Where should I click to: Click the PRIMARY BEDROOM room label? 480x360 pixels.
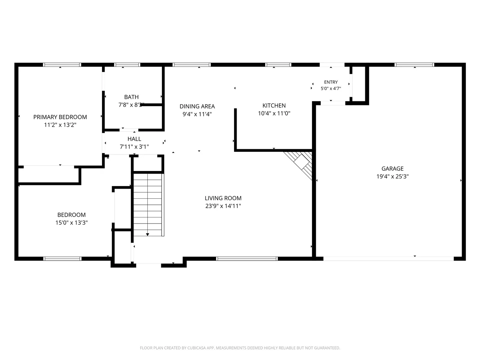pyautogui.click(x=60, y=117)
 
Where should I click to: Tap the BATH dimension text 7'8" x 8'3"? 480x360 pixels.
pyautogui.click(x=131, y=105)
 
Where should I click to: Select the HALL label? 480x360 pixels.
pyautogui.click(x=134, y=139)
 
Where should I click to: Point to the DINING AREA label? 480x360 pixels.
pyautogui.click(x=197, y=106)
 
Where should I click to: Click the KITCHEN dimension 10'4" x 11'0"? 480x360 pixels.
pyautogui.click(x=274, y=113)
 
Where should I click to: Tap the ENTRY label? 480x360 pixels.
pyautogui.click(x=331, y=82)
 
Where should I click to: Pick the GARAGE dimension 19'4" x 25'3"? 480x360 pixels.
pyautogui.click(x=393, y=176)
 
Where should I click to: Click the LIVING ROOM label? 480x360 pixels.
pyautogui.click(x=223, y=198)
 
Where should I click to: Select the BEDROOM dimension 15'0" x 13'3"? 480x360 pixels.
pyautogui.click(x=72, y=222)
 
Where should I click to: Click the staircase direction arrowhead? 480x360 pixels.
pyautogui.click(x=148, y=234)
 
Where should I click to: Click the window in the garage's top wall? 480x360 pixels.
pyautogui.click(x=414, y=65)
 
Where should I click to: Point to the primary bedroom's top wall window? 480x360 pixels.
pyautogui.click(x=62, y=65)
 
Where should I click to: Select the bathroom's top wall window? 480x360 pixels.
pyautogui.click(x=127, y=65)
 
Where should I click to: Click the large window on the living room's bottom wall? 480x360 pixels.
pyautogui.click(x=247, y=259)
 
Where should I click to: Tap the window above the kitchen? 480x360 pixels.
pyautogui.click(x=278, y=65)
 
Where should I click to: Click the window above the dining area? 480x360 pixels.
pyautogui.click(x=192, y=65)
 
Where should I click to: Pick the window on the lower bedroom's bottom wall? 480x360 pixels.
pyautogui.click(x=62, y=259)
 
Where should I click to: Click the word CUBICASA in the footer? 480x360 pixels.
pyautogui.click(x=196, y=348)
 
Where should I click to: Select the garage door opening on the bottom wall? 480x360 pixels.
pyautogui.click(x=388, y=259)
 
